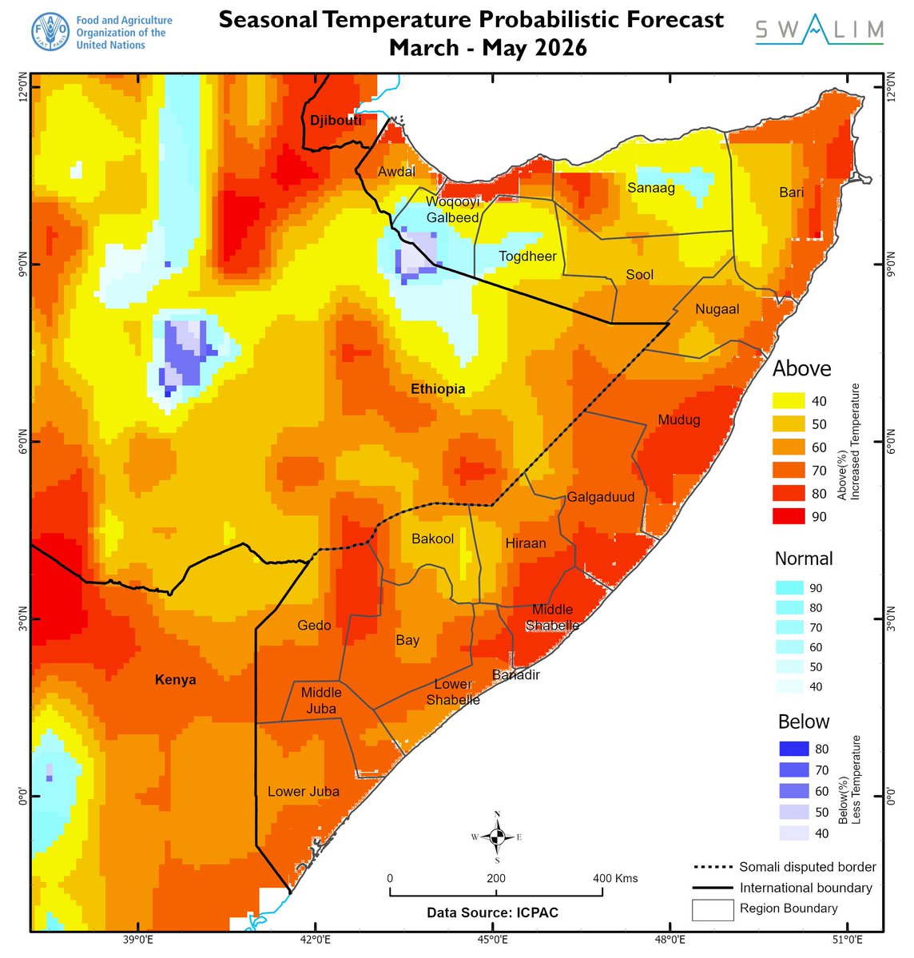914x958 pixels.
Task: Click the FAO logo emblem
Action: (x=50, y=33)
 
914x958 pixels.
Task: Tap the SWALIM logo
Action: (x=820, y=32)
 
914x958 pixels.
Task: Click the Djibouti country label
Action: (x=336, y=121)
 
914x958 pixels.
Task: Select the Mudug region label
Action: (x=678, y=419)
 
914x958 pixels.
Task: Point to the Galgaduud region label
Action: (x=601, y=497)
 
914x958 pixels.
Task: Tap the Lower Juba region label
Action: (x=303, y=792)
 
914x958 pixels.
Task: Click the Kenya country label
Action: (x=175, y=680)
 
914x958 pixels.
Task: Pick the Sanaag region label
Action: (x=651, y=188)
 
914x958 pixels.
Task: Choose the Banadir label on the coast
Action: (x=515, y=675)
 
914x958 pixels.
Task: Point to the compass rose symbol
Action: (x=497, y=837)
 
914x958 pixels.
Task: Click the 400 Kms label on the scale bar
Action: (x=615, y=878)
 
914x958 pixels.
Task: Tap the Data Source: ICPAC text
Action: (x=492, y=912)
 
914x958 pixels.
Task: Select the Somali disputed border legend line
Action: (x=713, y=867)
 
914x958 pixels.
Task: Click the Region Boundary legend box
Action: (x=713, y=909)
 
